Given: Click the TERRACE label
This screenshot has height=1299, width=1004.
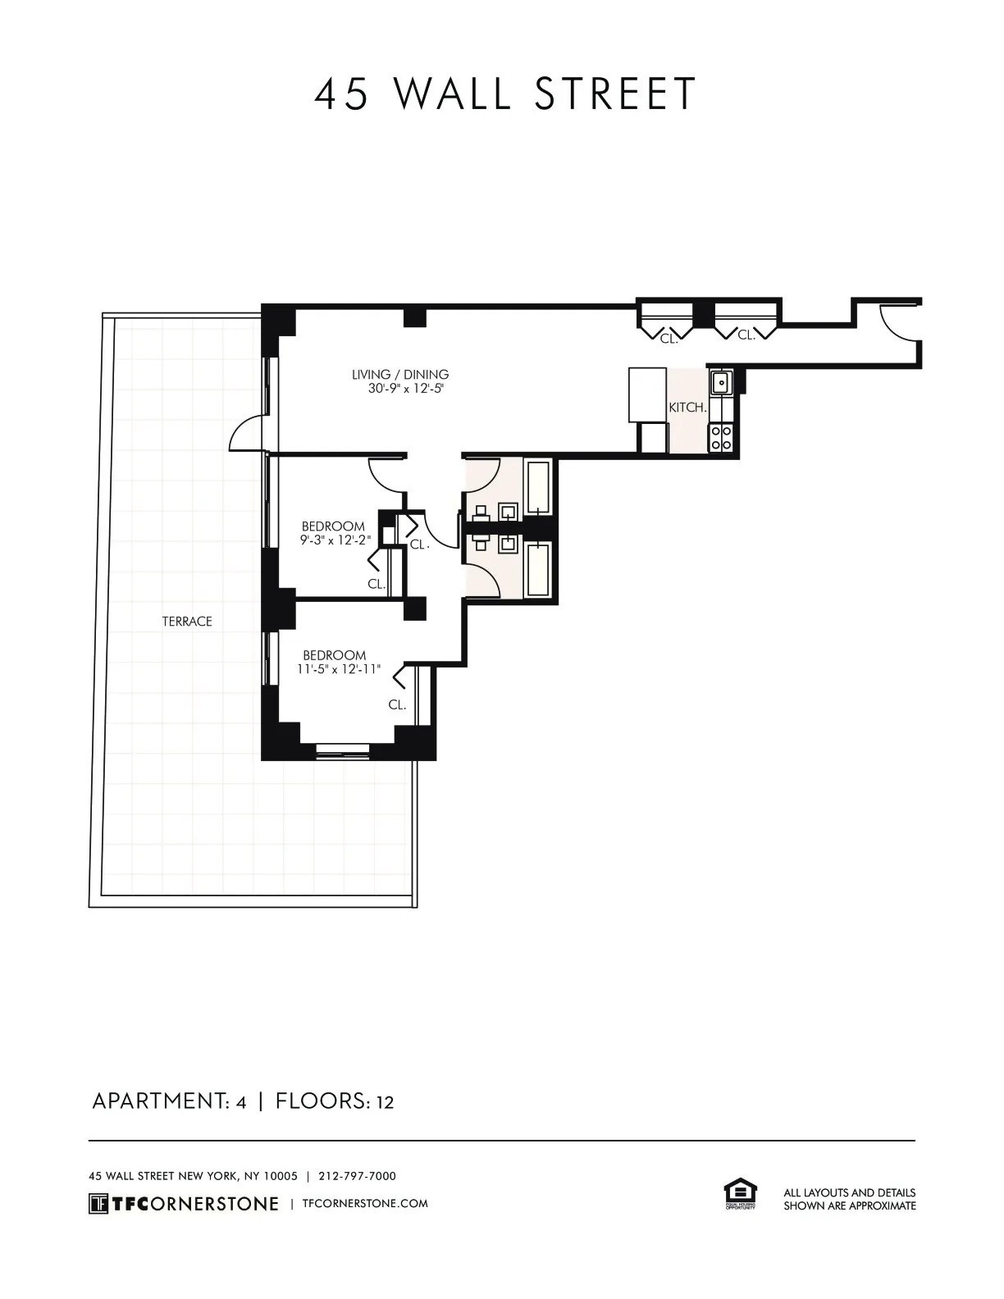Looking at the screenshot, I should pos(187,622).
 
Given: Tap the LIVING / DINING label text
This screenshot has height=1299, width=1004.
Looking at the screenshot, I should pos(400,375).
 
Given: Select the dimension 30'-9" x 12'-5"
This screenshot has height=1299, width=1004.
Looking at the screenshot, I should pos(405,389).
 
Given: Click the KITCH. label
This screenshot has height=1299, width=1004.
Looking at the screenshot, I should pos(687,408).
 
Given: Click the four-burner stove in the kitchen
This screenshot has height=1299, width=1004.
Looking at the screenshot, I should pos(721,438).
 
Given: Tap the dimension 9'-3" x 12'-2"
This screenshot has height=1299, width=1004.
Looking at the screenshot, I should pos(335,540).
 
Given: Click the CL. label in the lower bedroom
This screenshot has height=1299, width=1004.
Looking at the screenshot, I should pos(397,704).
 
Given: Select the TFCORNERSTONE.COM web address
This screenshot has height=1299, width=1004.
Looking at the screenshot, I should pos(365,1204).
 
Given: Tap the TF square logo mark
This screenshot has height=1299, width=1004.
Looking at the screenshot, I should pos(98,1204).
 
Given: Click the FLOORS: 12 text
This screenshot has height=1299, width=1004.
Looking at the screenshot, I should pos(335,1101).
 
